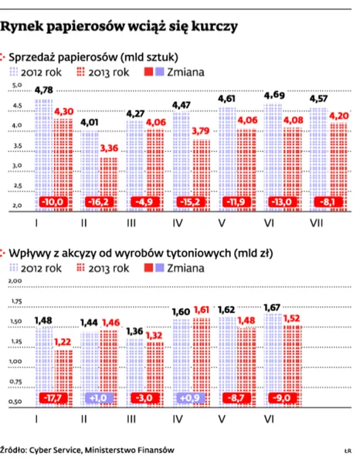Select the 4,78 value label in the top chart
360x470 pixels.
pyautogui.click(x=42, y=92)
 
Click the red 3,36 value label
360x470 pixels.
pyautogui.click(x=110, y=148)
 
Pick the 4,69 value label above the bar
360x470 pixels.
pyautogui.click(x=274, y=95)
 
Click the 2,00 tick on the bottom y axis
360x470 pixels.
pyautogui.click(x=15, y=281)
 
